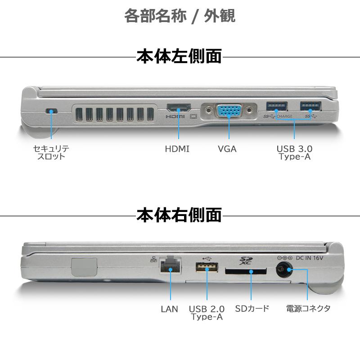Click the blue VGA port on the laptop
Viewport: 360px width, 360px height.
(229, 111)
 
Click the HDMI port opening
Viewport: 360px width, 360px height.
(179, 108)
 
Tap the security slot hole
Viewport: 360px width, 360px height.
(52, 111)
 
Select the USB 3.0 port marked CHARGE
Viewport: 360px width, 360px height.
(276, 107)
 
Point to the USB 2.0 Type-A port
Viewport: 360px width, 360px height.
(207, 268)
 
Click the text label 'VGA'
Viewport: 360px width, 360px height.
(227, 149)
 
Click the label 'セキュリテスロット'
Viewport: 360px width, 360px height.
(51, 153)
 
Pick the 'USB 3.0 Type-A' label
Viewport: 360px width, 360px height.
(294, 153)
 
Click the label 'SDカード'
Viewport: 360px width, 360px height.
(252, 309)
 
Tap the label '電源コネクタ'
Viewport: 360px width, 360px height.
(308, 309)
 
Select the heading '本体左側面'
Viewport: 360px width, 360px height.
(179, 57)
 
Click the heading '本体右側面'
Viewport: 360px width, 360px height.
(179, 215)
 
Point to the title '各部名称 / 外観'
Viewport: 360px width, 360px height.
(180, 16)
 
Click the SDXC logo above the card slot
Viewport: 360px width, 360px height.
(246, 260)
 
